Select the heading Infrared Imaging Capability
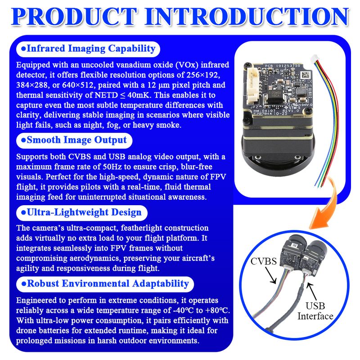click(x=91, y=49)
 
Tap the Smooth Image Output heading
click(x=76, y=140)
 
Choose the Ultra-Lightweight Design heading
click(x=84, y=212)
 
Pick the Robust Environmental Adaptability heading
click(x=108, y=284)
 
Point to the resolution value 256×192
click(x=203, y=75)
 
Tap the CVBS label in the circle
click(x=264, y=261)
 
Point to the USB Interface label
click(x=315, y=311)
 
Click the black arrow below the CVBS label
click(x=270, y=275)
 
